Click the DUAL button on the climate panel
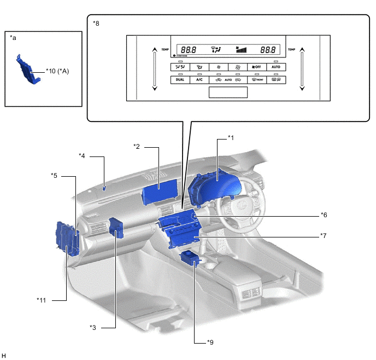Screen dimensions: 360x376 [180, 79]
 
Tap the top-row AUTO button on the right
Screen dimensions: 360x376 [276, 67]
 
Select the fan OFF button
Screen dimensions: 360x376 [257, 67]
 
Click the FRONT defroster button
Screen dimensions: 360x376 [257, 79]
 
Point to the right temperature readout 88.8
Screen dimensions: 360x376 [268, 49]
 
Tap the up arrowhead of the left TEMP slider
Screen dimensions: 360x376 [155, 49]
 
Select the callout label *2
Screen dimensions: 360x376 [137, 146]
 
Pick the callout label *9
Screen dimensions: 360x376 [210, 342]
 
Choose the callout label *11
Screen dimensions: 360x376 [42, 300]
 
